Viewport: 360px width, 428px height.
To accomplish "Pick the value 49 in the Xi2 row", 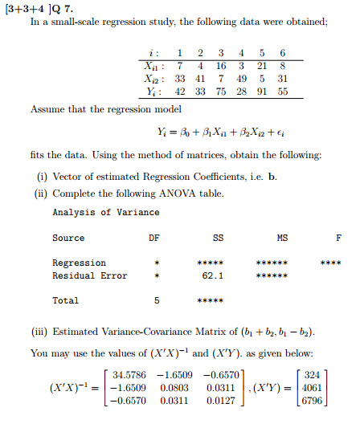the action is click(x=240, y=78).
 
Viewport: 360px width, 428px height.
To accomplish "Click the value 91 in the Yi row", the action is click(x=260, y=92).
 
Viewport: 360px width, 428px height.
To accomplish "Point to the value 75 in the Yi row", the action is click(x=221, y=92).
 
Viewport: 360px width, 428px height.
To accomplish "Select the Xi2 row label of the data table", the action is click(x=149, y=78).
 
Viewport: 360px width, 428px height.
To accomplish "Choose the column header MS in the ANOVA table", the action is click(x=281, y=238).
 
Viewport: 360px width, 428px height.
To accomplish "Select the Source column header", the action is click(x=68, y=238).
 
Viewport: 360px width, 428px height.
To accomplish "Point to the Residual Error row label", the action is click(x=89, y=276).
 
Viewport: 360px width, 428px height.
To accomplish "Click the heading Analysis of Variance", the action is click(x=105, y=212).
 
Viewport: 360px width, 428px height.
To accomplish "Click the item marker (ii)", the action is click(x=45, y=193).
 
